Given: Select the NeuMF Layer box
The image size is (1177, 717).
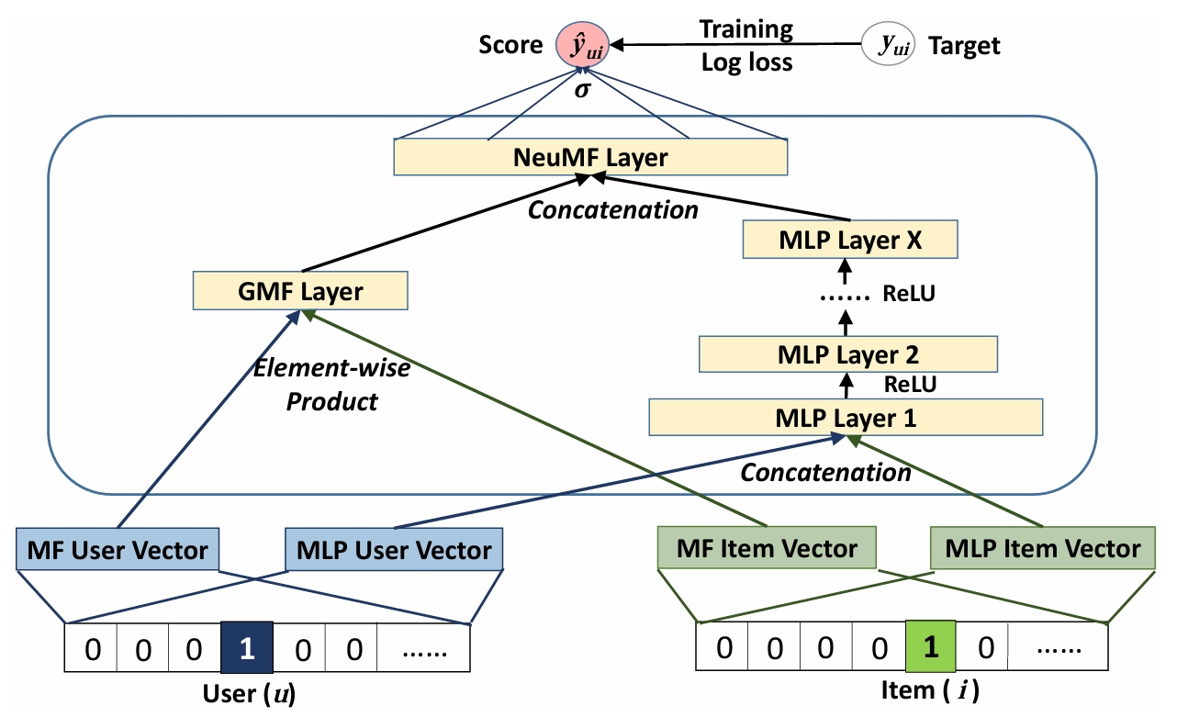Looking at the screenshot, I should [590, 158].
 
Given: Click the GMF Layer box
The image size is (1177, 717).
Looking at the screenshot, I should [300, 292].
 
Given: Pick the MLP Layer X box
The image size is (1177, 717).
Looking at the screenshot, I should [851, 241].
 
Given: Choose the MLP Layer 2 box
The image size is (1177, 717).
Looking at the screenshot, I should [847, 353].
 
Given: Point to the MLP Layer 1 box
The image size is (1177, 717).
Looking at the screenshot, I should [846, 417].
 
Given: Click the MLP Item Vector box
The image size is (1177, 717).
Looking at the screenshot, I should [1042, 548].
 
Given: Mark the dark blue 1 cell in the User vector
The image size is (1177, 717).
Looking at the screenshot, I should [246, 649].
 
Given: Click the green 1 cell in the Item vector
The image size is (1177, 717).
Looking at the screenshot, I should [930, 648].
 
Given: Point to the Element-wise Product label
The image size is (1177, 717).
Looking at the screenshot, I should [330, 386].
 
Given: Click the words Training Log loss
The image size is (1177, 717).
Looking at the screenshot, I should [745, 45].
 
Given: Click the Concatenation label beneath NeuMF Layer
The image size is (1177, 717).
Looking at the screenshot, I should [612, 209].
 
